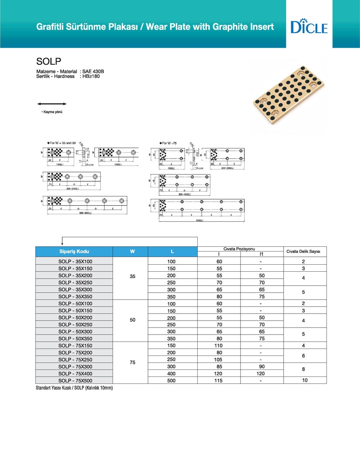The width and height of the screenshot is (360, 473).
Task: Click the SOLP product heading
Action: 45,61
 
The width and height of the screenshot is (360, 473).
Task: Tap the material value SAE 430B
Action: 93,71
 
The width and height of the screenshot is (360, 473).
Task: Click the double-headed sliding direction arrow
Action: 51,104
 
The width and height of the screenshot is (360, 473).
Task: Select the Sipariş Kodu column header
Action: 74,252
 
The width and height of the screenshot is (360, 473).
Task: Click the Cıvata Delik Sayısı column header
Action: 303,252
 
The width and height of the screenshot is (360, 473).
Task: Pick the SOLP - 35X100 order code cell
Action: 74,261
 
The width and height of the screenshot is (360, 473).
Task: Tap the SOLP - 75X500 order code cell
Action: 74,380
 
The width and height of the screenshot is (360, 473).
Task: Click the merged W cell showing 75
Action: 133,363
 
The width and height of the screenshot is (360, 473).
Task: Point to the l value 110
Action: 219,345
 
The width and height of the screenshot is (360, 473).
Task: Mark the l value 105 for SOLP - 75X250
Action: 219,359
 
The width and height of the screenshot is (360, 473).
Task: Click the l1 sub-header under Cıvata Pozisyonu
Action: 261,254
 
